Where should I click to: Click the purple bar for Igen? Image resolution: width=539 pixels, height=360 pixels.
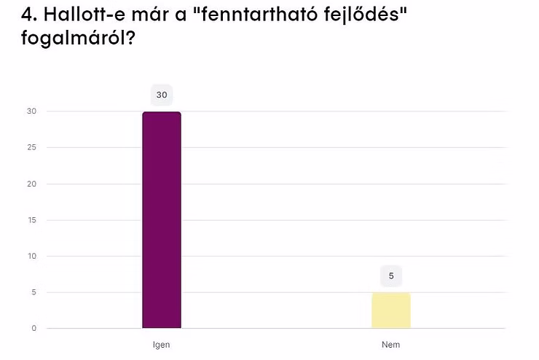[x=162, y=220]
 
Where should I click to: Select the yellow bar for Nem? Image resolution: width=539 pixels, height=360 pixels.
[x=391, y=310]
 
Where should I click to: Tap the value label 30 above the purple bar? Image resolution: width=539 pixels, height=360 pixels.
[x=162, y=95]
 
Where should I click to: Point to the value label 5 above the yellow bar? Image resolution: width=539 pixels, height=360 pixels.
[x=391, y=276]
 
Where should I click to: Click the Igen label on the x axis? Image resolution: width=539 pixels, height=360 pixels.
[x=162, y=344]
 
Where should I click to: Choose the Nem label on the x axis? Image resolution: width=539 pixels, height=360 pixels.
[x=391, y=344]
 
